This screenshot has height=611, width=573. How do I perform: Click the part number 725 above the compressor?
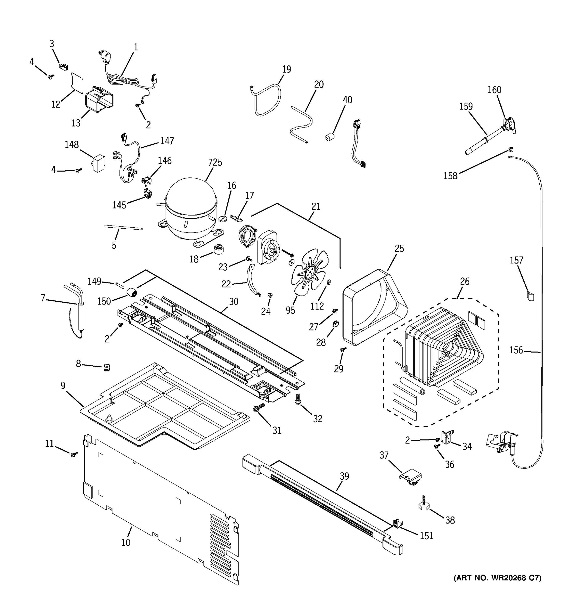click(215, 162)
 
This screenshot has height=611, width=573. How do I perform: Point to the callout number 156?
click(515, 350)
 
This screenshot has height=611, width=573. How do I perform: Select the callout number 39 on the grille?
click(344, 476)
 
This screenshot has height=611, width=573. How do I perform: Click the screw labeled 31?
click(258, 409)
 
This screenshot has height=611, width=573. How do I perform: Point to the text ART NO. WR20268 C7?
click(497, 578)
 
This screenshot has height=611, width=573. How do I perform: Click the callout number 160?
click(494, 90)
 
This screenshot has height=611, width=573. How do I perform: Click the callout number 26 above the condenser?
click(465, 281)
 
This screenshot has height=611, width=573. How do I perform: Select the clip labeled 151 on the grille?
click(397, 523)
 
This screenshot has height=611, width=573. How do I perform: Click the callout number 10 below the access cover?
click(126, 543)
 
